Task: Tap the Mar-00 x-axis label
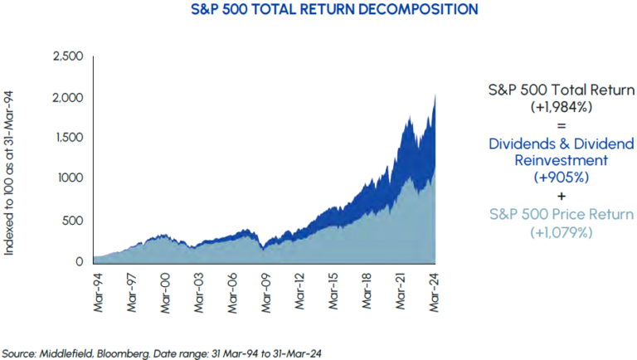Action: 164,289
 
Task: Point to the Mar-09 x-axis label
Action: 265,289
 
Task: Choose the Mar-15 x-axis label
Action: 333,289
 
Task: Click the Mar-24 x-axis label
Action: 435,289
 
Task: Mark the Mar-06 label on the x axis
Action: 232,289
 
